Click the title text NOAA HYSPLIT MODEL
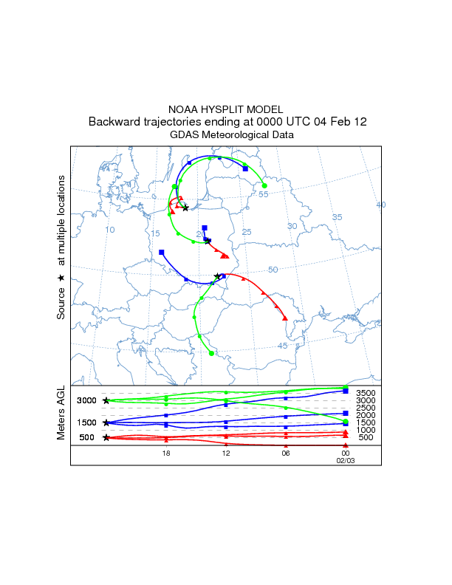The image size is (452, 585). pos(225,109)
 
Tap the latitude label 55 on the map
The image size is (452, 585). pos(263,194)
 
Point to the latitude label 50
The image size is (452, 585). pos(273,270)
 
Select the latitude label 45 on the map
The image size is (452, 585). pos(282,346)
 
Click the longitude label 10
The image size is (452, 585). pos(110,230)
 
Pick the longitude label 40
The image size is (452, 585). pos(381,205)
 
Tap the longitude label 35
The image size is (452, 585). pos(337,216)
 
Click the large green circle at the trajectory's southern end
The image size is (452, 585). pos(211,354)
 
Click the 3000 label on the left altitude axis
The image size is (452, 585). pos(87,400)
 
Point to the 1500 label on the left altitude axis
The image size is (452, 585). pos(87,422)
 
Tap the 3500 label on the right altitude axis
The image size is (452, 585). pos(366,393)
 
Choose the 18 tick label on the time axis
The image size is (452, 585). pos(166,453)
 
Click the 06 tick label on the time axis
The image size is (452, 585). pos(286,453)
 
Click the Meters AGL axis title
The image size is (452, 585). pos(62,414)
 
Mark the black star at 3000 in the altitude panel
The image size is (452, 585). pos(106,400)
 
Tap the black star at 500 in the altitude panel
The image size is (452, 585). pos(106,437)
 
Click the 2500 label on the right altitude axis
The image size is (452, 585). pos(366,408)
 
